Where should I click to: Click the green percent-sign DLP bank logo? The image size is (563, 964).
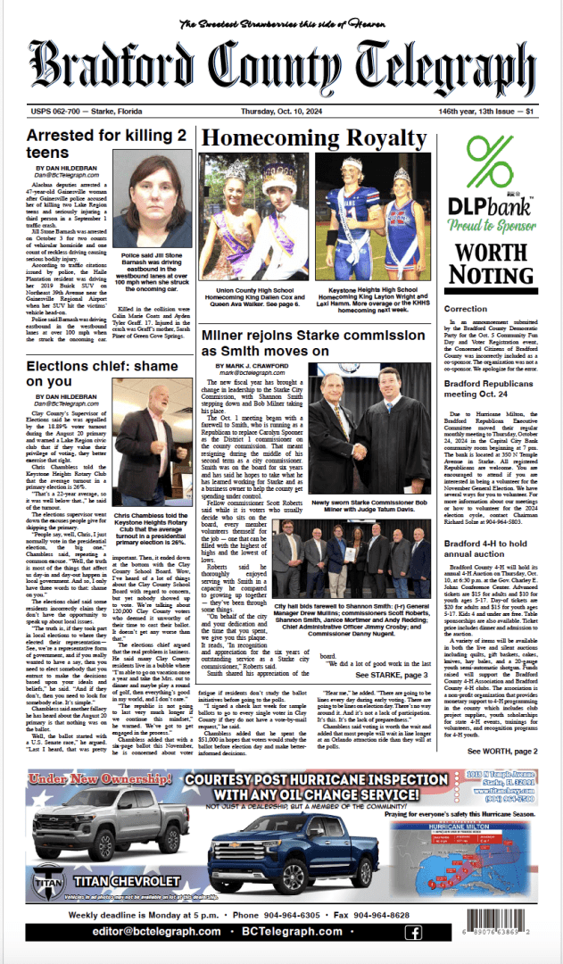[x=490, y=164]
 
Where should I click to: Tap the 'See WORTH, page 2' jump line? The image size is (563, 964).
[x=502, y=753]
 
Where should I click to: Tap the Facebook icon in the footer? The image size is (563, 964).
[x=413, y=932]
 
